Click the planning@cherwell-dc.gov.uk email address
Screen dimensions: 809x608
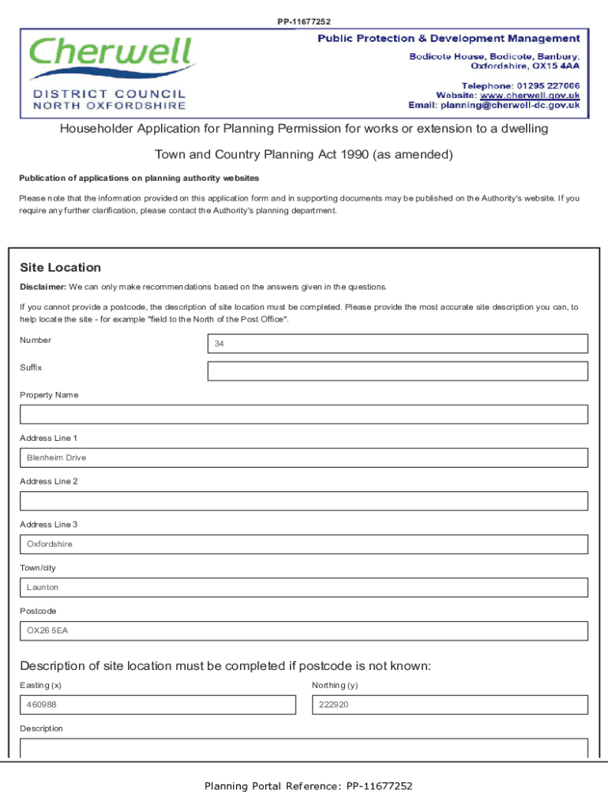(510, 105)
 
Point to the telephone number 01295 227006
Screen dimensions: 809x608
(549, 85)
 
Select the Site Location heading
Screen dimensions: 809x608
(60, 268)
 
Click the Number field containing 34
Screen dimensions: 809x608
(397, 344)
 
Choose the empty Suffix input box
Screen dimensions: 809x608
(397, 371)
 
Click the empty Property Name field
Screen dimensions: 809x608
(304, 415)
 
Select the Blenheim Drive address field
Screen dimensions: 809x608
(304, 458)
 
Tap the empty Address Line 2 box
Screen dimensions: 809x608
(304, 501)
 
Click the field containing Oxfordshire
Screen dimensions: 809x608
(304, 544)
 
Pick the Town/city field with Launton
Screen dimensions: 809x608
(304, 588)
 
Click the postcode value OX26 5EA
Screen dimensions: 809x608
(47, 631)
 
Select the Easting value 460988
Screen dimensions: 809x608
(41, 705)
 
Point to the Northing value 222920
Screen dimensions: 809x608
(333, 705)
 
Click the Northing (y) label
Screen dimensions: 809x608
(335, 685)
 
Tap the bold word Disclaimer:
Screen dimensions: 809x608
(43, 287)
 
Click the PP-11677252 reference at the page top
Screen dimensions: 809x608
(304, 21)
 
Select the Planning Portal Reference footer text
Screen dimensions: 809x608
(308, 786)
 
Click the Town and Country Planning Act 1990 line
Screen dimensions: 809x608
(304, 154)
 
